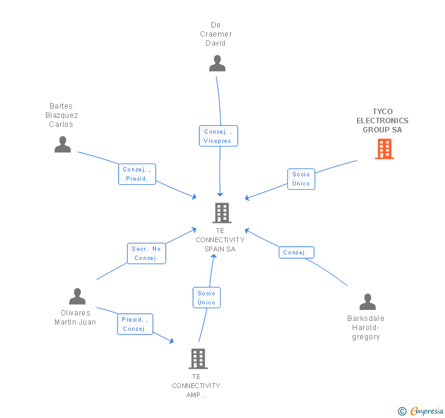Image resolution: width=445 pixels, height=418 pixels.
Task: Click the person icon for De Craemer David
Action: click(217, 63)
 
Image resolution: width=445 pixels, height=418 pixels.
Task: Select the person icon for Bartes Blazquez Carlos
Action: click(62, 145)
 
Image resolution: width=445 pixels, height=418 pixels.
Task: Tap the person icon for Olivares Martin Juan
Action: click(77, 297)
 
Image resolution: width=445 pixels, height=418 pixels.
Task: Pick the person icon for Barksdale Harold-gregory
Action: click(367, 301)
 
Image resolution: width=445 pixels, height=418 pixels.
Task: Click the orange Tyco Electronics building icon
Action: click(384, 149)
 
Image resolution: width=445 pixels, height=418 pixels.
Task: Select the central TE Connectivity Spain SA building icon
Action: click(221, 213)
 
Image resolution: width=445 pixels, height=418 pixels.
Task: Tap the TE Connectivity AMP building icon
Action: click(197, 359)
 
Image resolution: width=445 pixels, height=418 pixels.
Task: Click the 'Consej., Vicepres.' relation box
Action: click(218, 136)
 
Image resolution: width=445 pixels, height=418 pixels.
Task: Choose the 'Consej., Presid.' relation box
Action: click(137, 174)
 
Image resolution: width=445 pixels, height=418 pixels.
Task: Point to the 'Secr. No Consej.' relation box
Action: click(146, 253)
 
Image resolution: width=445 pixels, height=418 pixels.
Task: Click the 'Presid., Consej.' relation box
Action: click(134, 324)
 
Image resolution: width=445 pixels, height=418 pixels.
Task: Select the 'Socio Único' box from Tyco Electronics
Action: click(301, 179)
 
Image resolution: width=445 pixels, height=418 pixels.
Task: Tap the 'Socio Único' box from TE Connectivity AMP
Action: click(207, 298)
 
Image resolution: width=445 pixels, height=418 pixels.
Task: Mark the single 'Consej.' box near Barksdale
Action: click(297, 253)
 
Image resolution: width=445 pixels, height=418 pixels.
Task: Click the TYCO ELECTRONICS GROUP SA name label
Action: click(383, 121)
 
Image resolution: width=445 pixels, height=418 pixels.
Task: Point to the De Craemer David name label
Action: click(216, 34)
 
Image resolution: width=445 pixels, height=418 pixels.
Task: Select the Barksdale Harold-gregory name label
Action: click(366, 328)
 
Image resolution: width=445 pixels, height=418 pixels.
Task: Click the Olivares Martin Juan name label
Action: click(75, 318)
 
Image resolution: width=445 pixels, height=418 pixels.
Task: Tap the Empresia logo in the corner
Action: click(421, 411)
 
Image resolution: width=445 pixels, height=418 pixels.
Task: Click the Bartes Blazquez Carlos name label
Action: click(61, 115)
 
